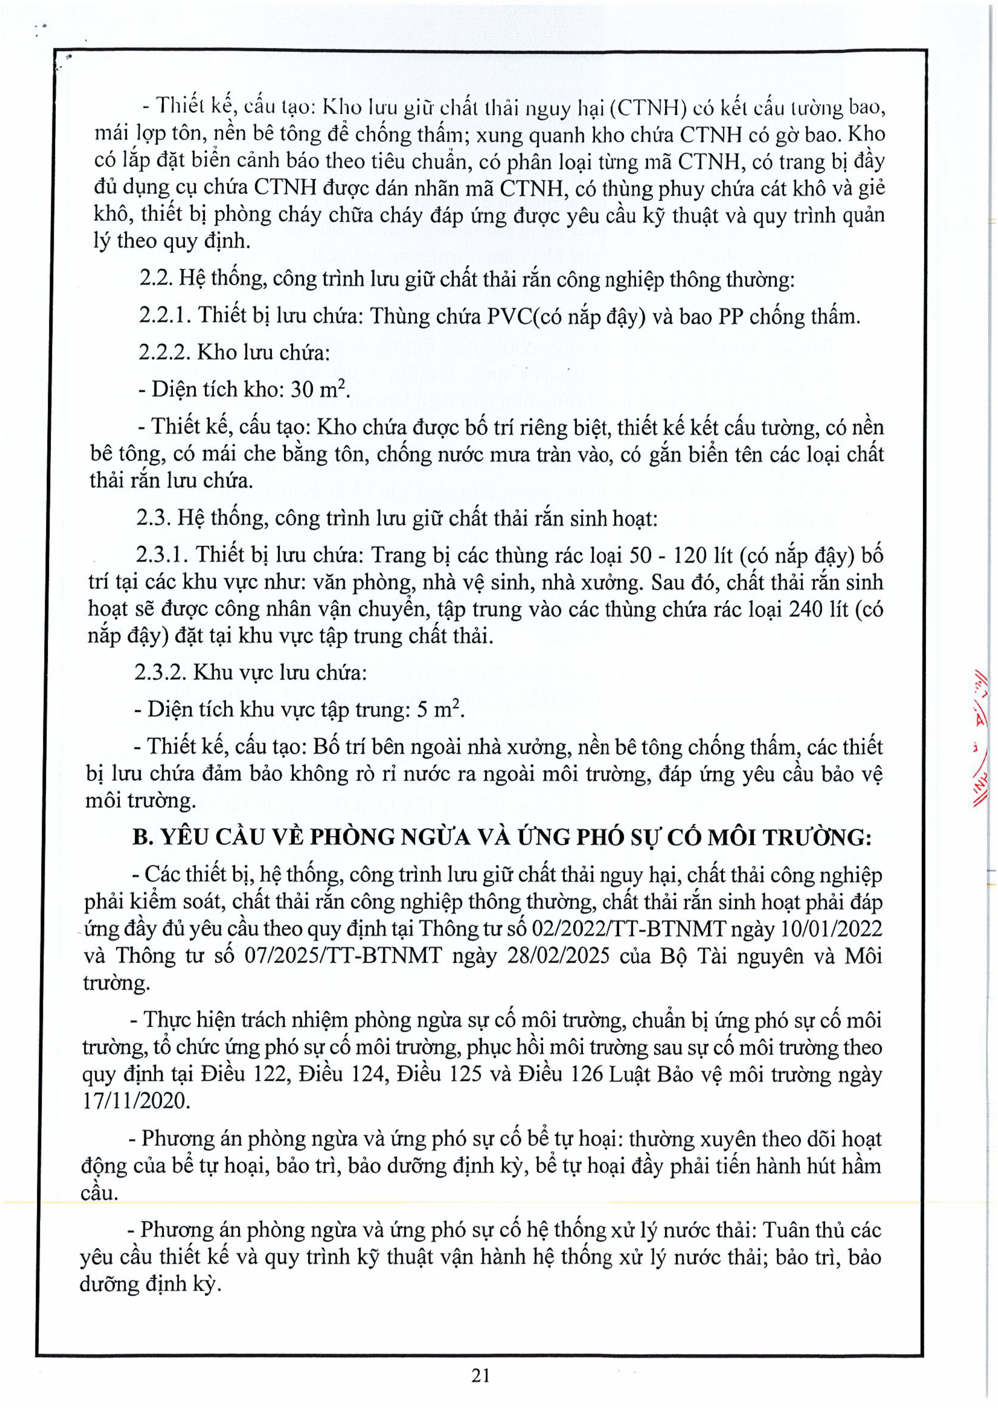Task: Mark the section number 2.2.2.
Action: pyautogui.click(x=163, y=352)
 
